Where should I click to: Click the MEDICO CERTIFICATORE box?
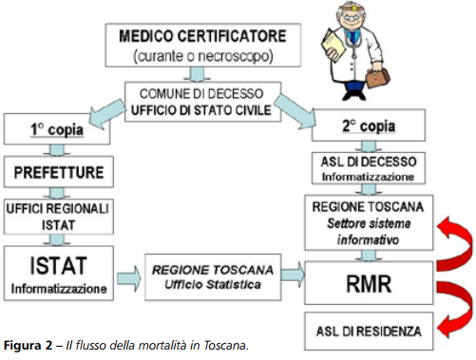(x=201, y=46)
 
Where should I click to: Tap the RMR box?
(x=367, y=281)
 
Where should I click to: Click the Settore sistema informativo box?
(x=367, y=225)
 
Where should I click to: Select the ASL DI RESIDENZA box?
(x=367, y=332)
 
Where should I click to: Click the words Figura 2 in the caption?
(x=28, y=345)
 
